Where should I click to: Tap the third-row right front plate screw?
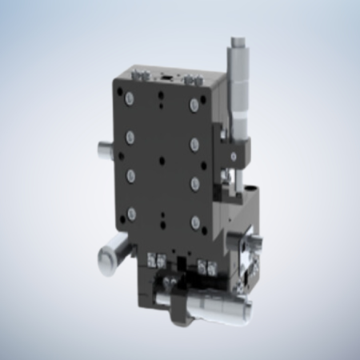coord(194,183)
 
